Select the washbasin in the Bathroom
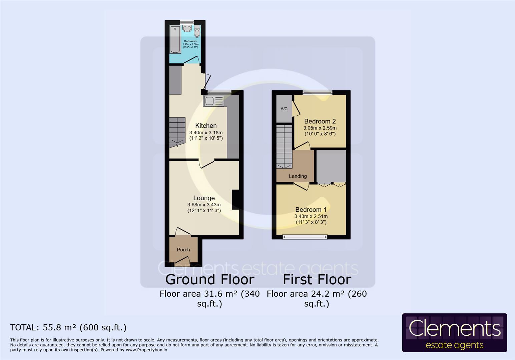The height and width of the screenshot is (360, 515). pos(187,29)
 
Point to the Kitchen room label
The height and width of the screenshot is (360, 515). pos(206,126)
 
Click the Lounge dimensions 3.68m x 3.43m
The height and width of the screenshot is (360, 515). pos(204,205)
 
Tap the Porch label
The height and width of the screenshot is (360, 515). pos(183,250)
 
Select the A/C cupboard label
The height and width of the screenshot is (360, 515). pos(284,109)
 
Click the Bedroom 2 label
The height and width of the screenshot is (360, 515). pos(320,121)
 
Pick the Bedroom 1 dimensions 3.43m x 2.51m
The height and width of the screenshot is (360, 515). pos(311,216)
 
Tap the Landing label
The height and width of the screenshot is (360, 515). pos(298,176)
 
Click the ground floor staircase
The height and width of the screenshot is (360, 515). pos(177,132)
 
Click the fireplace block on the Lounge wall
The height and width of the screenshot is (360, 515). pos(235,200)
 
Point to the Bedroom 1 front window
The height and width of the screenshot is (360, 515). pos(305,237)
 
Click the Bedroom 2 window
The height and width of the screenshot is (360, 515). pos(317,93)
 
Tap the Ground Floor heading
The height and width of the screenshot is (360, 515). pos(210,279)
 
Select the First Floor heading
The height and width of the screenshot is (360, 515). pos(317,279)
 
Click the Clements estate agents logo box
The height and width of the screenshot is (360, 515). pos(454,333)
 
